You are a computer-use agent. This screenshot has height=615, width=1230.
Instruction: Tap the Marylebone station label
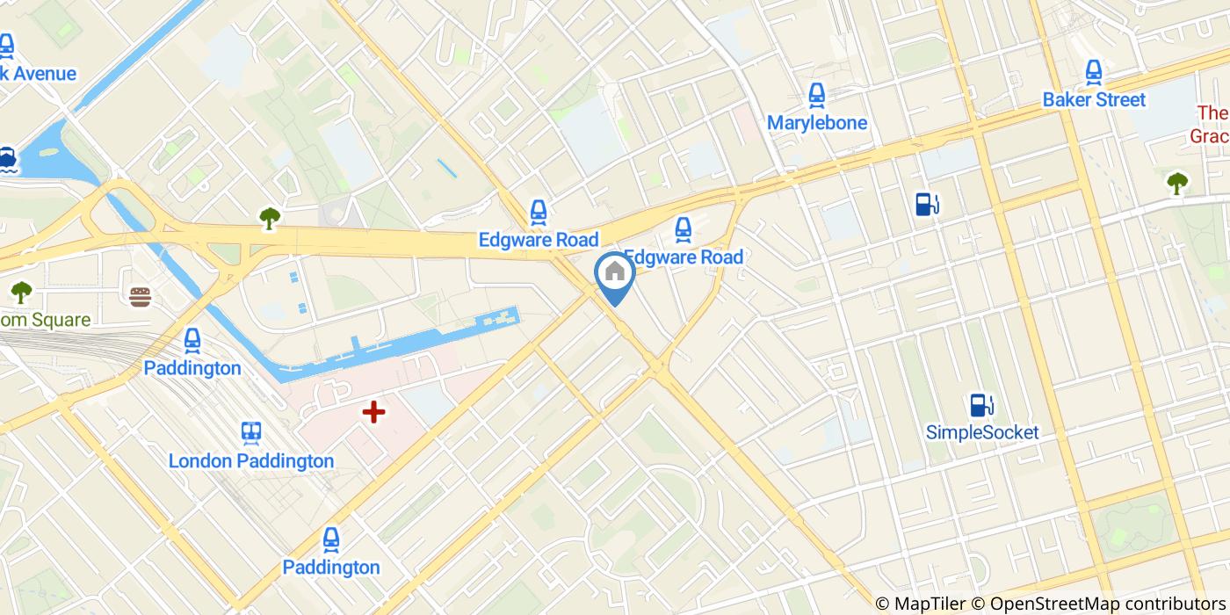pos(816,123)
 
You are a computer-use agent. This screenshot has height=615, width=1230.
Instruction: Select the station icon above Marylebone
pos(816,95)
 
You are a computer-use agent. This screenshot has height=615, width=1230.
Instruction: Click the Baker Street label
pos(1094,100)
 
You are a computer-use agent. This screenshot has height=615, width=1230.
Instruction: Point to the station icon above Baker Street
pos(1094,72)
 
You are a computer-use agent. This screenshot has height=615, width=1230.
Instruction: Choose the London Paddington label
pos(251,461)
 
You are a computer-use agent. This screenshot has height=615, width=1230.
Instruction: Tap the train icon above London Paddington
pos(251,432)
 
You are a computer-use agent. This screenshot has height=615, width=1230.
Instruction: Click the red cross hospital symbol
pos(374,411)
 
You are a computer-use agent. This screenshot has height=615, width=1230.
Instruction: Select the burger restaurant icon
pos(140,296)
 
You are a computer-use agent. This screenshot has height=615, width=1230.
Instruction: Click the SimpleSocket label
pos(982,432)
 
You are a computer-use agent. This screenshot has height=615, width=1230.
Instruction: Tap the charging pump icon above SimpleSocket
pos(981,405)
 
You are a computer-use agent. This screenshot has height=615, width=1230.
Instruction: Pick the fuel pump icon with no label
pos(927,204)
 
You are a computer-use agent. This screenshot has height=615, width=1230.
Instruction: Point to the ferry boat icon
pos(8,159)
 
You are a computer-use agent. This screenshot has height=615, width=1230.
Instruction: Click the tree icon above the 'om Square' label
pos(21,292)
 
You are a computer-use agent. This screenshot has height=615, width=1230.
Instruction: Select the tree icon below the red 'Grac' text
pos(1176,183)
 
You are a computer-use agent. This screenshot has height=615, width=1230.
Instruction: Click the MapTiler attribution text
pos(919,604)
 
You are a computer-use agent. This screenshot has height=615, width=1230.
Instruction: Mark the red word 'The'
pos(1212,113)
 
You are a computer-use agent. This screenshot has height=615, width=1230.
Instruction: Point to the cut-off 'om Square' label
pos(45,320)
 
